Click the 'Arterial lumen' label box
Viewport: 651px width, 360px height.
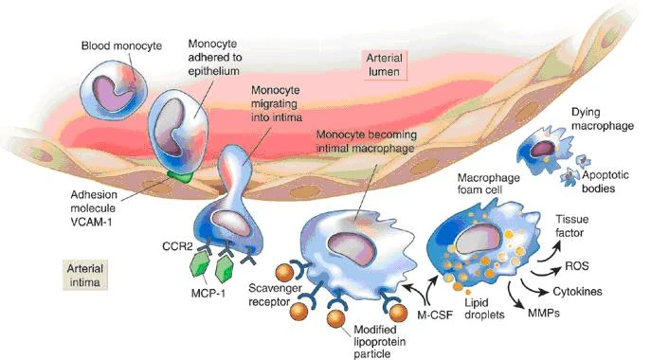pos(385,64)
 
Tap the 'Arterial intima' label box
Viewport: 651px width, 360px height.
pos(85,275)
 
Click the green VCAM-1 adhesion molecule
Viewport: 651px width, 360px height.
pos(180,176)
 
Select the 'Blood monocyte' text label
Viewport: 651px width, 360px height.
pos(121,45)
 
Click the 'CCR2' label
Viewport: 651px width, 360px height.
pos(177,246)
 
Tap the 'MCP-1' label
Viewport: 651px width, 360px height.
pos(208,293)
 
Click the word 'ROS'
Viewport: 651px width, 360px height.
pos(577,266)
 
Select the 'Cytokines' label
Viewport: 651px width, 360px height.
pos(577,292)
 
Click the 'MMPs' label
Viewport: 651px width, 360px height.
pos(544,313)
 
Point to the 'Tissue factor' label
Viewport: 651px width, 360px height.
pos(572,225)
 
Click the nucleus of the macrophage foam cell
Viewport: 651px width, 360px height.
pos(478,241)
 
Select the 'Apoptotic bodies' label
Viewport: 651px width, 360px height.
pos(605,182)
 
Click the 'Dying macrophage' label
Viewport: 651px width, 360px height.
pos(603,118)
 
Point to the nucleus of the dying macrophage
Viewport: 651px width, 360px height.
pos(543,149)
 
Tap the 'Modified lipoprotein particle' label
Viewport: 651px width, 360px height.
pos(379,342)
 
